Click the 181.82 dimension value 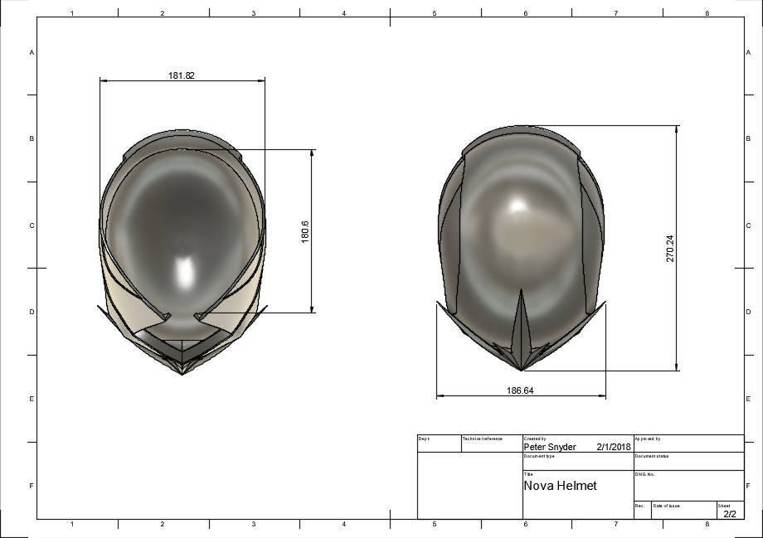click(x=182, y=75)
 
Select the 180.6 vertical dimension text click(x=304, y=231)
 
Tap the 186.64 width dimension click(x=519, y=390)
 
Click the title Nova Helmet click(x=560, y=486)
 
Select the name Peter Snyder click(x=550, y=447)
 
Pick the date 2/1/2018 click(x=614, y=447)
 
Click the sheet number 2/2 click(x=730, y=514)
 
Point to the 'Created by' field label click(x=535, y=439)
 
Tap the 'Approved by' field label click(x=648, y=439)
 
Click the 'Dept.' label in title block click(x=424, y=439)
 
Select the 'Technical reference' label click(x=483, y=439)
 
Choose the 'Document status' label click(x=652, y=456)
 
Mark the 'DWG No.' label click(x=645, y=474)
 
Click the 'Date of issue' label click(x=667, y=505)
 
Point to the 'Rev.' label click(x=639, y=505)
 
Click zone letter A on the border click(x=32, y=52)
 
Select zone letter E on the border click(x=32, y=399)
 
